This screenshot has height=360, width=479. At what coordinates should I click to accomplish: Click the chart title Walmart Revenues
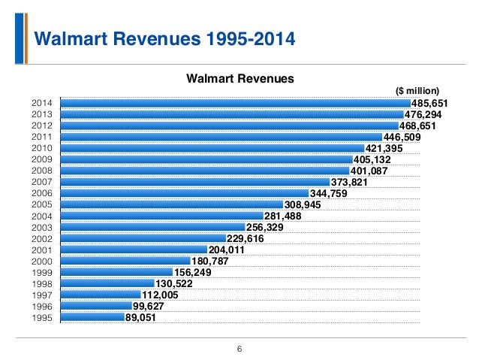[x=239, y=77]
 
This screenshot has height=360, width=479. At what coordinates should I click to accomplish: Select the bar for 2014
[x=235, y=103]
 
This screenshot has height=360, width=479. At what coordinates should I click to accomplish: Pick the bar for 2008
[x=205, y=170]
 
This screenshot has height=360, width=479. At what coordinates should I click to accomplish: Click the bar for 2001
[x=133, y=250]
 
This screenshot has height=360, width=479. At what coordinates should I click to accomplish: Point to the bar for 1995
[x=92, y=317]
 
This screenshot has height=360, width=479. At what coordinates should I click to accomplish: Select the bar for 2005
[x=171, y=204]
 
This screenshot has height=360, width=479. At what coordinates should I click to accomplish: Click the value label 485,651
[x=429, y=103]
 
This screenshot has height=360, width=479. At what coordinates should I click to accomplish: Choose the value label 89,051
[x=141, y=317]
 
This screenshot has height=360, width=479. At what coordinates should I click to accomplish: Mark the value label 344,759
[x=328, y=193]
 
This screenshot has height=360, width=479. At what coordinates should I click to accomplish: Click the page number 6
[x=239, y=348]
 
